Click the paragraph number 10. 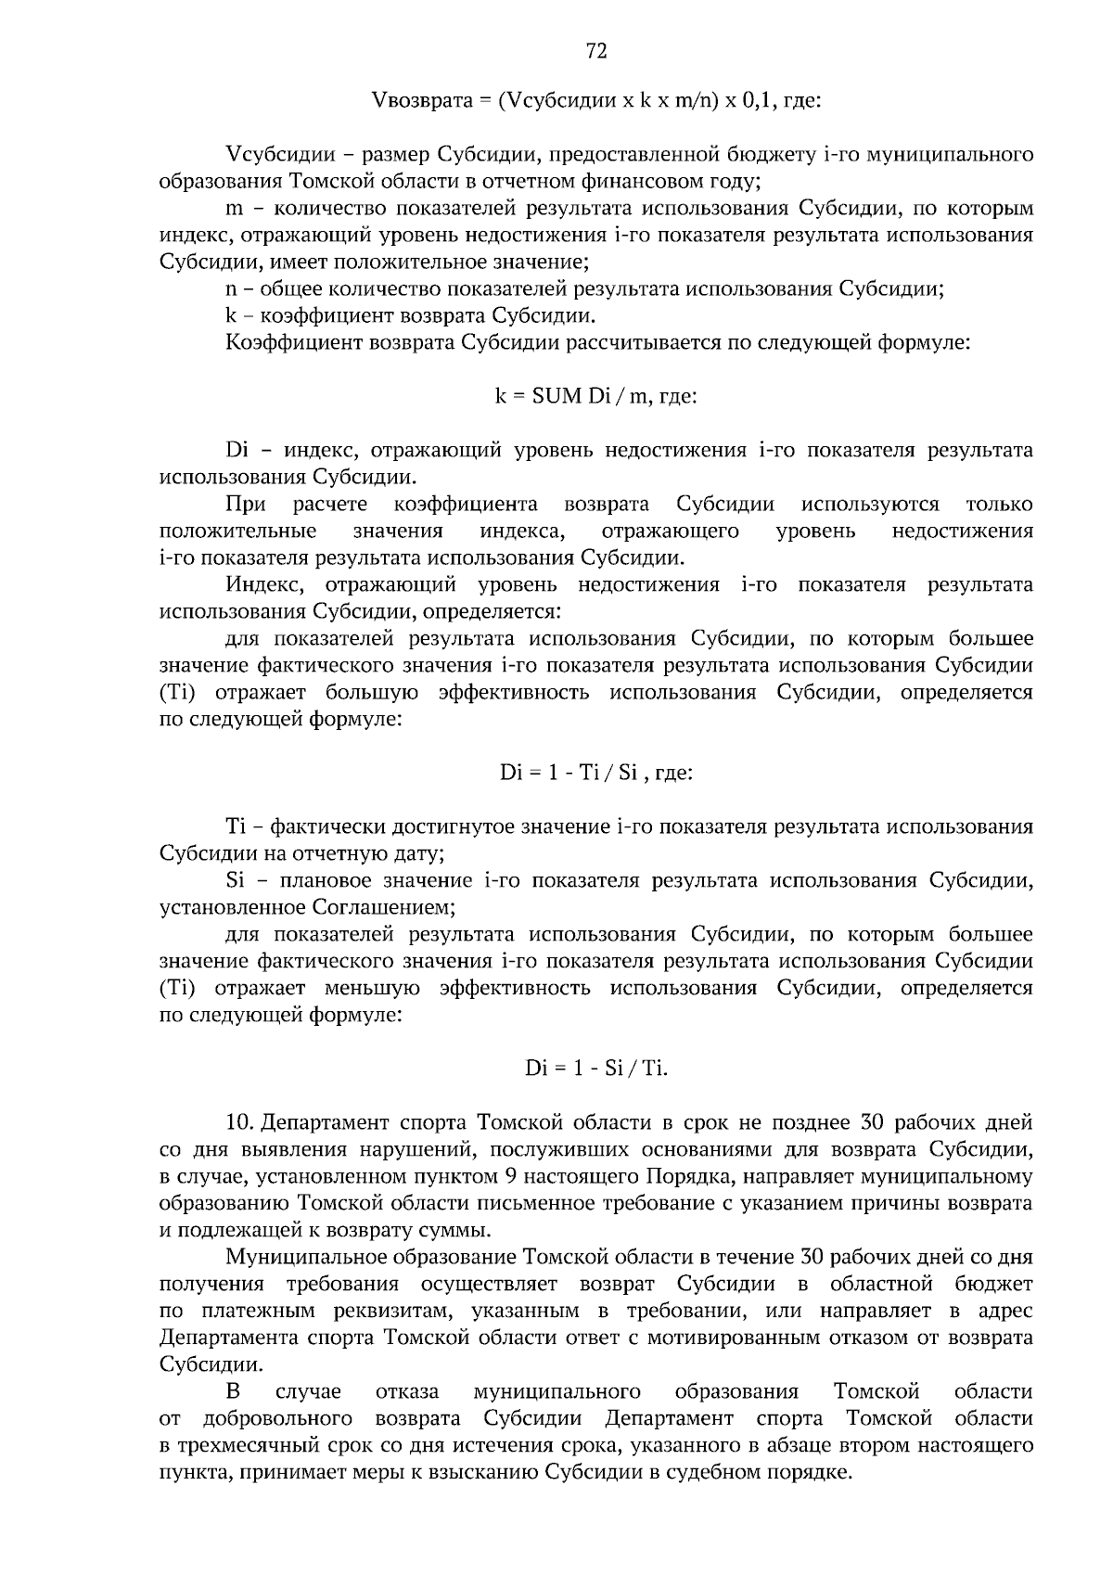(x=239, y=1122)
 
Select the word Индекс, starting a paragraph (x=262, y=584)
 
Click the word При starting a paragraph (x=245, y=504)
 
